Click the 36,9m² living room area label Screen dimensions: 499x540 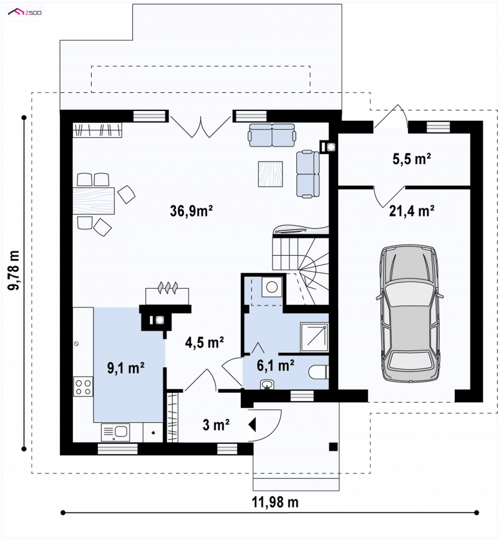(191, 211)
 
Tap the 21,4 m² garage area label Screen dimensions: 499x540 (412, 211)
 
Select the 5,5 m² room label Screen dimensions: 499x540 (412, 159)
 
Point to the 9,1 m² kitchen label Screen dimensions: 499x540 (126, 368)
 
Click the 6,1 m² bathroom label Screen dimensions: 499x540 (275, 365)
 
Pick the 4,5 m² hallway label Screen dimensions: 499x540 (205, 342)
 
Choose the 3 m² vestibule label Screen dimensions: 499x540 (216, 425)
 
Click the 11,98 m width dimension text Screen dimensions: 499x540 (275, 502)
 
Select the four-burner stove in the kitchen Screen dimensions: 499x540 (83, 387)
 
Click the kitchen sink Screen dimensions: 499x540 (115, 432)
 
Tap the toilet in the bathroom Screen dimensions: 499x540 (318, 373)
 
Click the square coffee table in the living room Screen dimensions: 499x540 (271, 174)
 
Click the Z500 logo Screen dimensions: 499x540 (25, 12)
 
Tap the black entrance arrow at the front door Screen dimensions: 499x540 (252, 424)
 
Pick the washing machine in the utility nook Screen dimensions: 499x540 (272, 287)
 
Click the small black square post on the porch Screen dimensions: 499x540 (333, 446)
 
